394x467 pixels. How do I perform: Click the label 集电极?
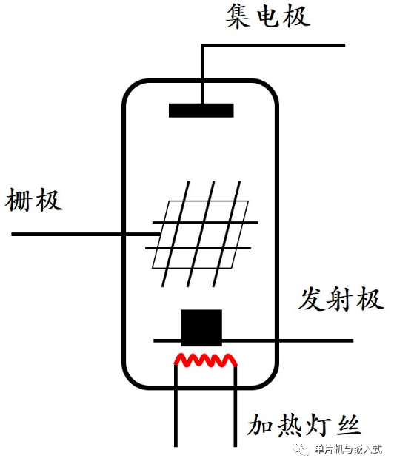267,16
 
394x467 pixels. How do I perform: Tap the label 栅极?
33,200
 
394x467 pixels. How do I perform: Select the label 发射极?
341,299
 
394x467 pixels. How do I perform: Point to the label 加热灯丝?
304,425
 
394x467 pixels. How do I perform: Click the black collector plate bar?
201,110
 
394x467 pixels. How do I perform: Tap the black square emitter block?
201,328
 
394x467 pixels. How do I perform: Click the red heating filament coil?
206,360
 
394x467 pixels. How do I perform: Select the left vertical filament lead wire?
176,406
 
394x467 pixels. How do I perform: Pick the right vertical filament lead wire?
236,406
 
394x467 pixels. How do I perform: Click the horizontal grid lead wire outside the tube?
67,235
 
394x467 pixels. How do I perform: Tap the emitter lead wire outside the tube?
316,340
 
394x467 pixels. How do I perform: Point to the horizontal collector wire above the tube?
273,46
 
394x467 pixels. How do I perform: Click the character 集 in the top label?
238,17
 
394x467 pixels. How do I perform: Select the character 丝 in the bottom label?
349,425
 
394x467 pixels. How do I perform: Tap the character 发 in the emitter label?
311,299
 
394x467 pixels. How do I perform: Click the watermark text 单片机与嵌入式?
348,449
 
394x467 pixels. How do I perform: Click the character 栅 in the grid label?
19,200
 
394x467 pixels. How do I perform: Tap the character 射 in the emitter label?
341,299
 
